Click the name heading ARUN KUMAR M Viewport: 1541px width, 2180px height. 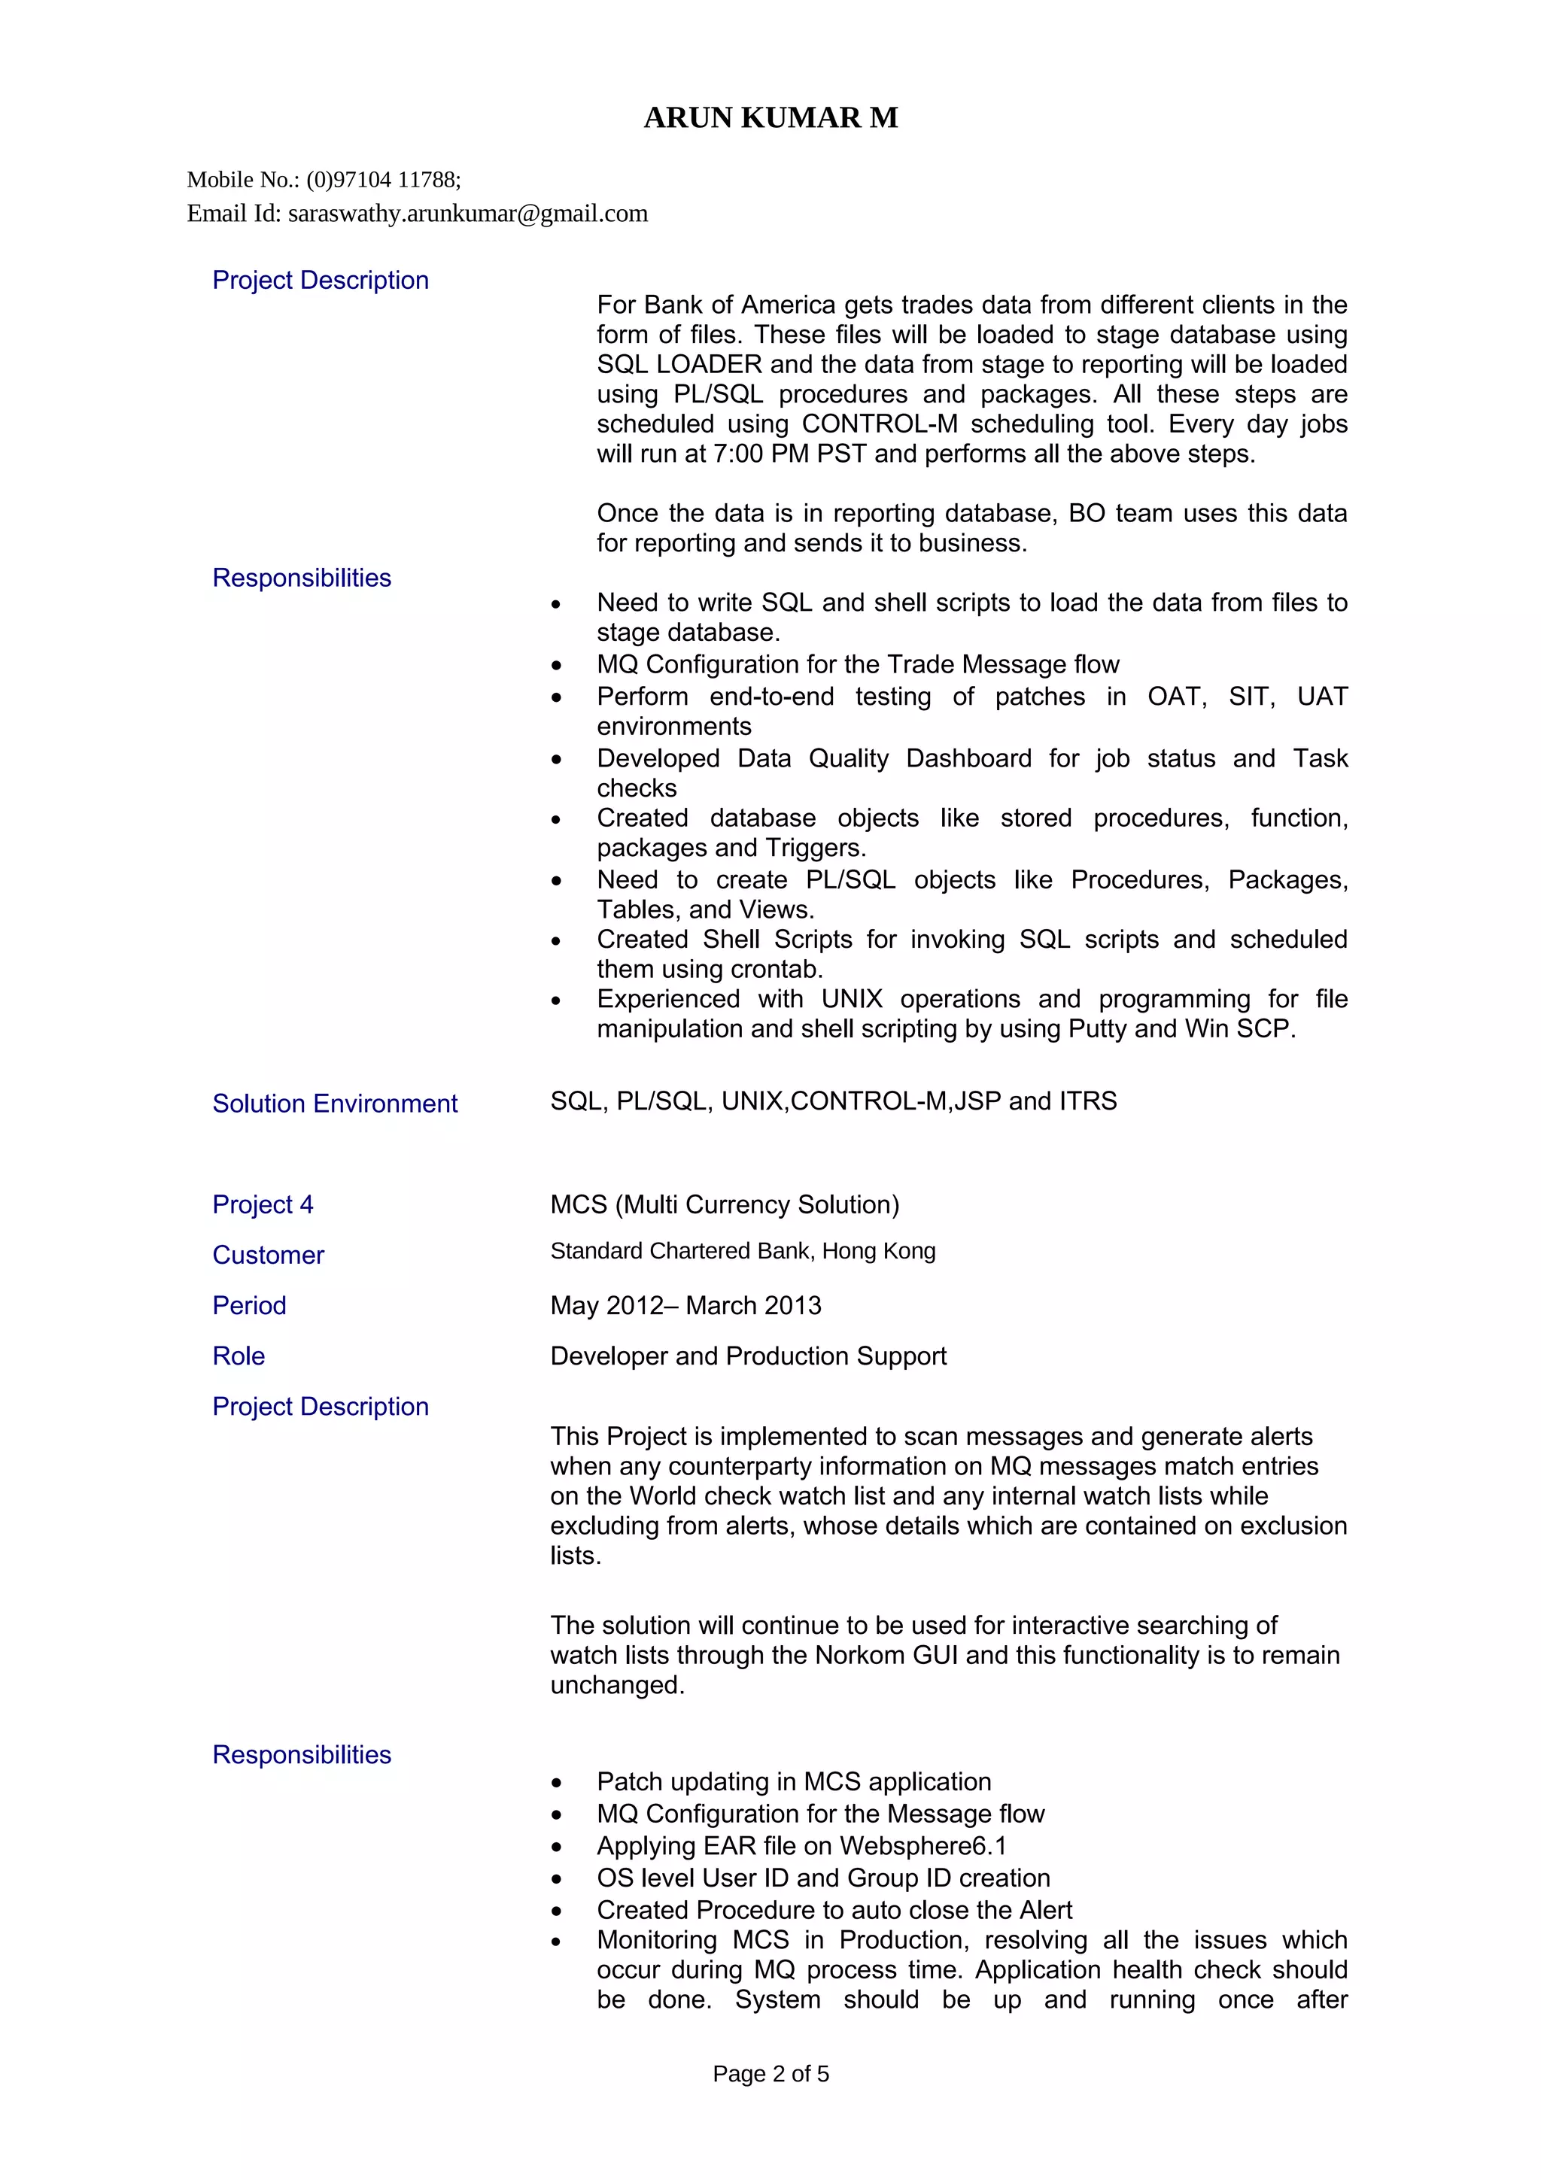770,118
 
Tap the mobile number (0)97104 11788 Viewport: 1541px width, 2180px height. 384,180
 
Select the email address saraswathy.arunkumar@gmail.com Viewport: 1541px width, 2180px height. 467,214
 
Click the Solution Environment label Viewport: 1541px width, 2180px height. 334,1104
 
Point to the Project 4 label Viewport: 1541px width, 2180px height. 262,1204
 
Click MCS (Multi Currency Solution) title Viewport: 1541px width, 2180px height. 725,1204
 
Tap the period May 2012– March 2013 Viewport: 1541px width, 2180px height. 685,1306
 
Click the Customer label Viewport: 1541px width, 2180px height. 268,1255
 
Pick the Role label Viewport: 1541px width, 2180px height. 239,1356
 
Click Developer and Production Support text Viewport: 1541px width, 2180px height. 748,1356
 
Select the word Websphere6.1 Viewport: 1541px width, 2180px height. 922,1846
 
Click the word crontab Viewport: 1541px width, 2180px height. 777,970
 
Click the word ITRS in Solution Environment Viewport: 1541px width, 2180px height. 1087,1101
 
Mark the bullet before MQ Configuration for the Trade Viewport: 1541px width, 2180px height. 556,666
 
